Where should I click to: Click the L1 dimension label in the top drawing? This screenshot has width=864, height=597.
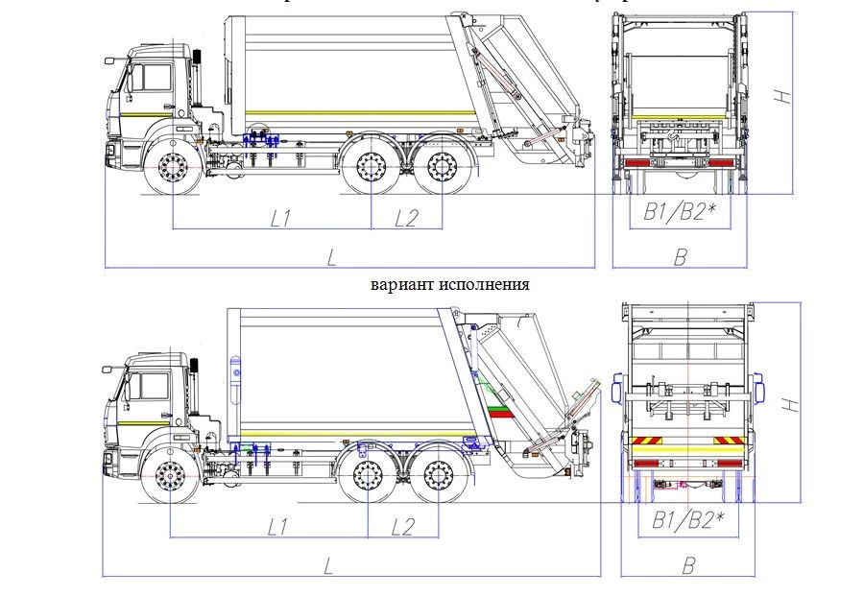coord(279,219)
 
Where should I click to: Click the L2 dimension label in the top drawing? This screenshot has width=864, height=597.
coord(407,219)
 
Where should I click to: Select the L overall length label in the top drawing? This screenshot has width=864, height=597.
coord(331,256)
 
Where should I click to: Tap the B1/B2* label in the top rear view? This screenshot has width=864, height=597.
coord(680,213)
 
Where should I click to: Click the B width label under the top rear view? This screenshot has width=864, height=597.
coord(680,256)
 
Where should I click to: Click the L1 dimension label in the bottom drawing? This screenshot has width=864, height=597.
coord(278,526)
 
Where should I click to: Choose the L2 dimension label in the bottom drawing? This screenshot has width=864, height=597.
coord(403,526)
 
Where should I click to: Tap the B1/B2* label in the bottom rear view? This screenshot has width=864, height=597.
coord(687,521)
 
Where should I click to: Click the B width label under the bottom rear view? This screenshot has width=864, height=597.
coord(687,565)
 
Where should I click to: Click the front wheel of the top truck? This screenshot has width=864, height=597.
coord(173,172)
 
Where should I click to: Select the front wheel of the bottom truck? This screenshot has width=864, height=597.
coord(170,476)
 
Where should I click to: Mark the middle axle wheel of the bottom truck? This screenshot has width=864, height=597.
coord(369,475)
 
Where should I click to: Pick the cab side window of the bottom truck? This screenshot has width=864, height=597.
coord(150,386)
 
